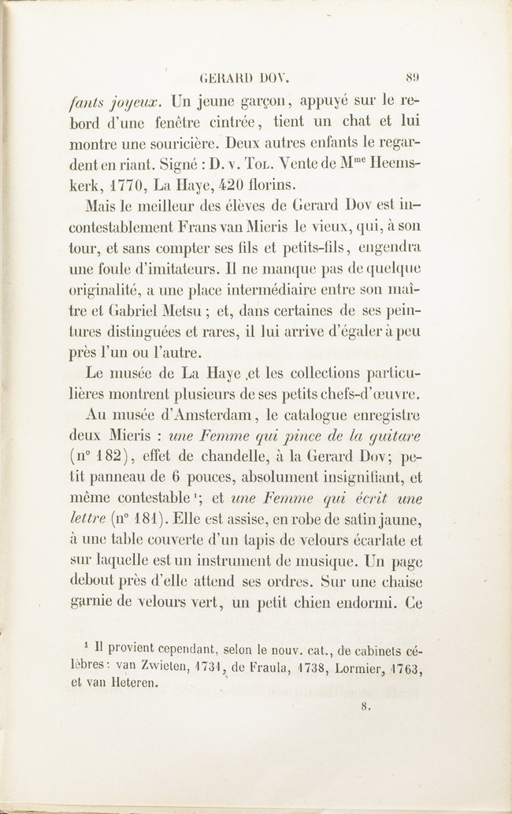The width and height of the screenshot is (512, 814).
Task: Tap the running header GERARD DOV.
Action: (245, 79)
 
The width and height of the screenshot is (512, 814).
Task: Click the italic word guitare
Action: (393, 433)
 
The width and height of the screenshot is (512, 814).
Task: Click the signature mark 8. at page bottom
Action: (365, 707)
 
